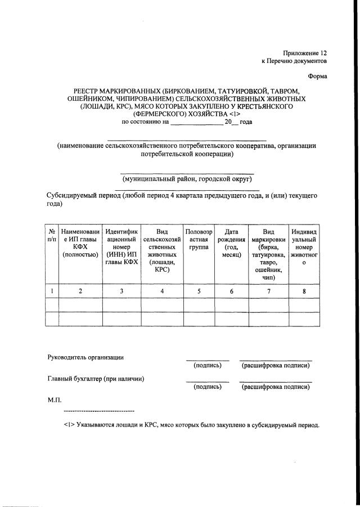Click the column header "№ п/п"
click(51, 235)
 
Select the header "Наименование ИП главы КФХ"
click(80, 243)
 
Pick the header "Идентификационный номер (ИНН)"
click(121, 247)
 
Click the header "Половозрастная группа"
click(199, 239)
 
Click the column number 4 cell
click(162, 291)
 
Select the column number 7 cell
click(268, 291)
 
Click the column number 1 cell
click(51, 291)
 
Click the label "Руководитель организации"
click(85, 357)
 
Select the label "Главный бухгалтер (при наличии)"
click(95, 379)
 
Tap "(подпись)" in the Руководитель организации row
click(208, 366)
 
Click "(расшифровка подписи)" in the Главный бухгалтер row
click(276, 387)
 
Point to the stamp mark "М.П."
click(54, 400)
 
